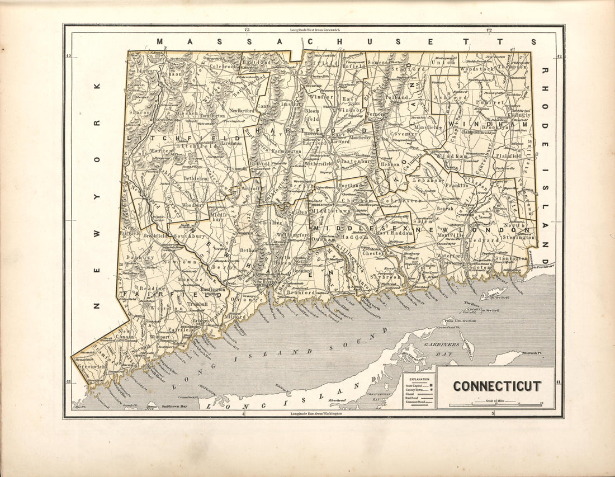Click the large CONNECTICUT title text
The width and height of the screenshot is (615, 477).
pos(496,386)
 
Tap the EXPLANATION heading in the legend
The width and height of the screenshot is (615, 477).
pos(418,379)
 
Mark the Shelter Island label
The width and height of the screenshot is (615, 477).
pos(414,353)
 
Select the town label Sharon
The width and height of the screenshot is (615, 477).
pos(139,112)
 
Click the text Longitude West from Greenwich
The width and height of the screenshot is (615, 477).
pos(316,29)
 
